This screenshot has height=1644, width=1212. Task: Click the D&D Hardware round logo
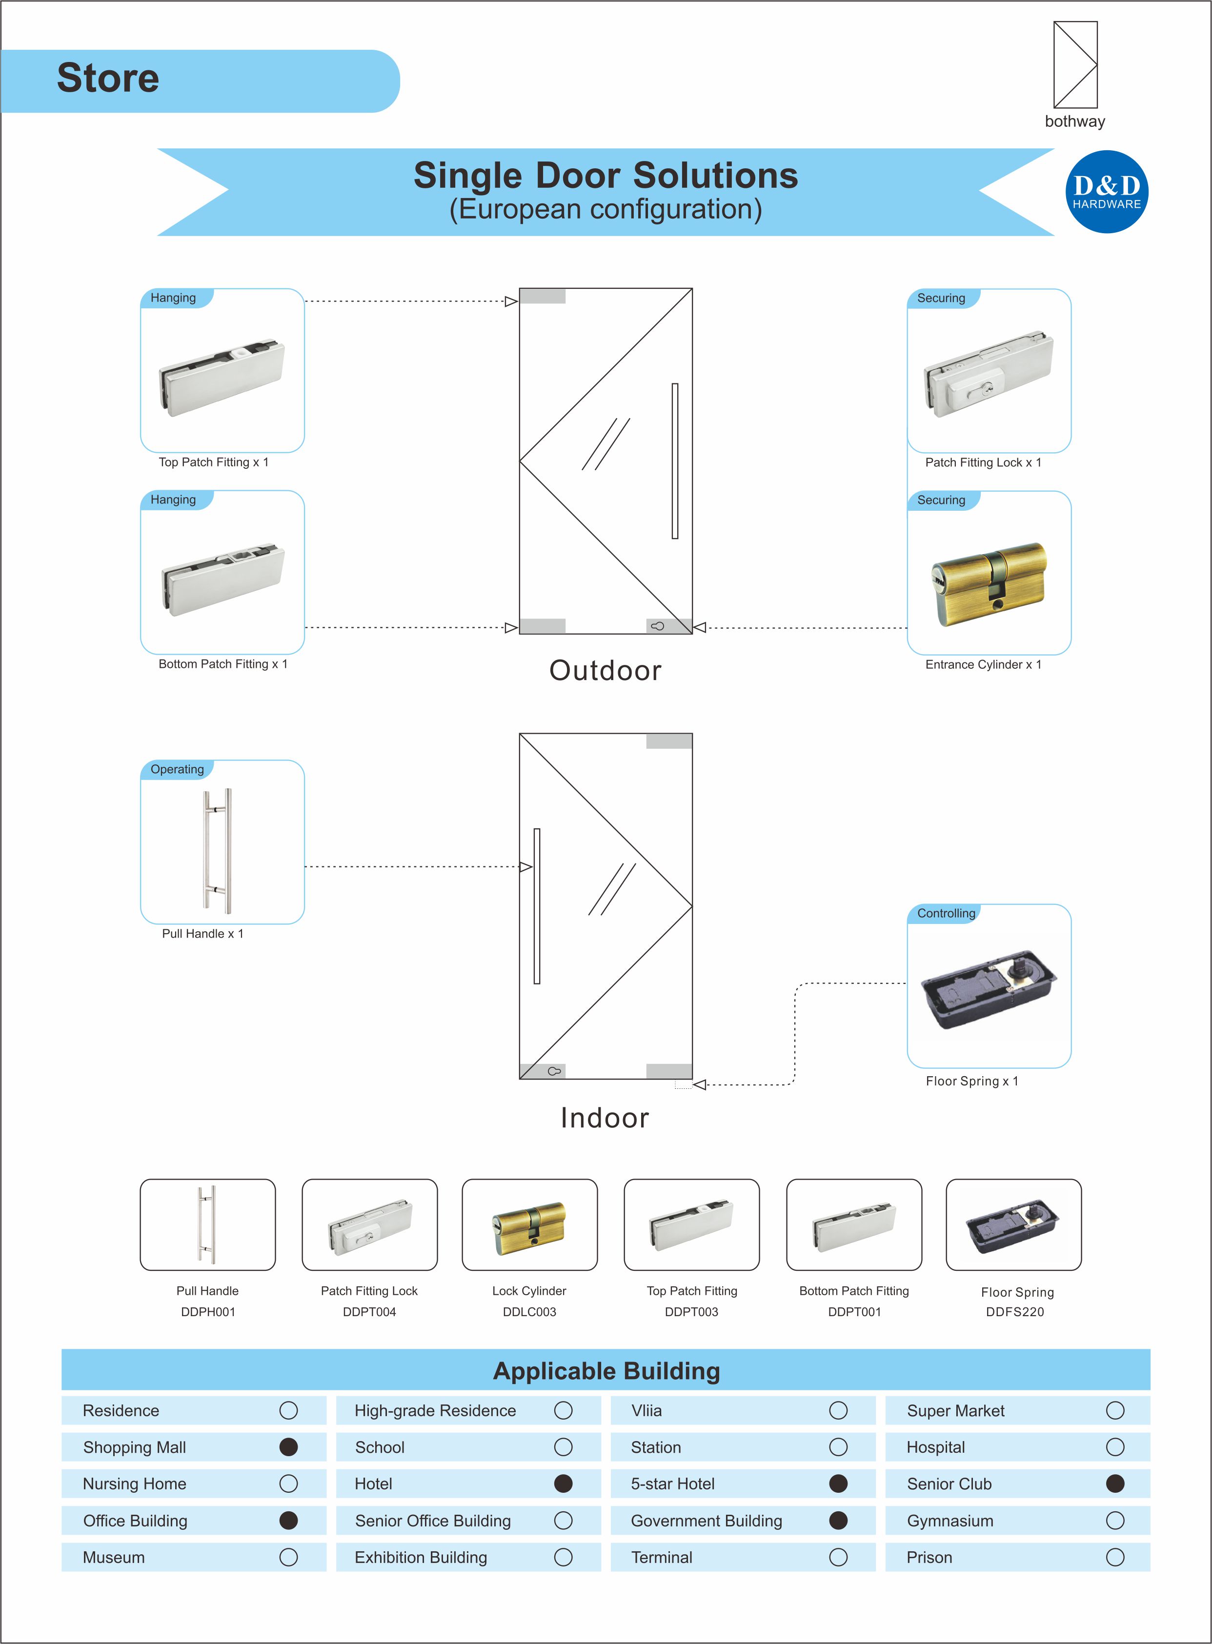(x=1106, y=192)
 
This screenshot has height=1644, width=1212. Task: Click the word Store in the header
(x=108, y=79)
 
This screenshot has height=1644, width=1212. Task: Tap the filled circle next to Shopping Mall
(x=288, y=1446)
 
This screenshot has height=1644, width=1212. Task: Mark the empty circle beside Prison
(x=1114, y=1557)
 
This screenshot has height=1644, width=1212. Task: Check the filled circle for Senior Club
(x=1114, y=1484)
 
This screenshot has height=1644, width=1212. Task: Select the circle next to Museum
(x=288, y=1557)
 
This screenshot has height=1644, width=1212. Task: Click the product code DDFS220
(x=1015, y=1312)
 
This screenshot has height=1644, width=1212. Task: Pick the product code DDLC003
(x=529, y=1312)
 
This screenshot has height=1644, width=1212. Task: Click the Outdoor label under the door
(x=605, y=670)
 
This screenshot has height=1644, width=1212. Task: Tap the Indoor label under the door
(x=605, y=1118)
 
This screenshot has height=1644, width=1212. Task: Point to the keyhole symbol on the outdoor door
(x=657, y=626)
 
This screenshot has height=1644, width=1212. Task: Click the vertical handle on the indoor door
(x=537, y=906)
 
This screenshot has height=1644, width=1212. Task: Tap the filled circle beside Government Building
(x=838, y=1520)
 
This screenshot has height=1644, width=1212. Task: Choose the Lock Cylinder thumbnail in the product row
(x=529, y=1225)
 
